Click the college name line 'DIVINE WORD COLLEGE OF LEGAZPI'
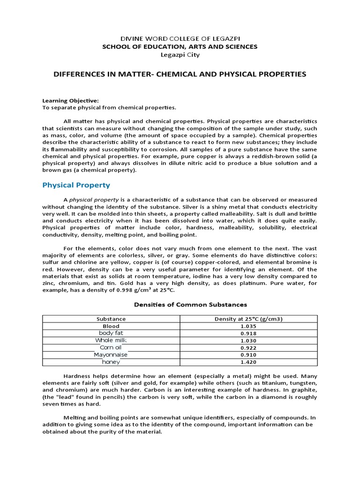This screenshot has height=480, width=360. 180,38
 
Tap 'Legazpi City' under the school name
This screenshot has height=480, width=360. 180,55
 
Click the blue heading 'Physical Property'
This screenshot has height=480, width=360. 76,185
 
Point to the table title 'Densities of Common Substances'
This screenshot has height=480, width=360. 190,304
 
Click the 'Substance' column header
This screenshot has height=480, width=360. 111,319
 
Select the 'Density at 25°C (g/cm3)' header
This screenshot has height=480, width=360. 251,319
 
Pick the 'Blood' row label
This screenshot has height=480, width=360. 111,326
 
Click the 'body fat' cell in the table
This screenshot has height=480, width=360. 111,333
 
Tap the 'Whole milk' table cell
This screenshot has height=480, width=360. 111,340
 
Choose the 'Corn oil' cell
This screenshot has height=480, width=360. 111,347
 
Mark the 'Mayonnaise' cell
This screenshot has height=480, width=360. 111,354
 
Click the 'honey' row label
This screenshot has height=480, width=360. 111,362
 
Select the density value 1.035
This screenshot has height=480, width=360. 251,326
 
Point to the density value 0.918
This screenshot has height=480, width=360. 251,333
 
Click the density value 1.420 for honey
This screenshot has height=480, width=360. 251,362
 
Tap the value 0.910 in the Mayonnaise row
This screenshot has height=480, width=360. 251,354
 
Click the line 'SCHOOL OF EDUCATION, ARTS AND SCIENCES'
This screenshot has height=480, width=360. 180,46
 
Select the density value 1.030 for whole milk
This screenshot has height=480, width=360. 251,340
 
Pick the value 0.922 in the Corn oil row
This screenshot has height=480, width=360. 251,347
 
